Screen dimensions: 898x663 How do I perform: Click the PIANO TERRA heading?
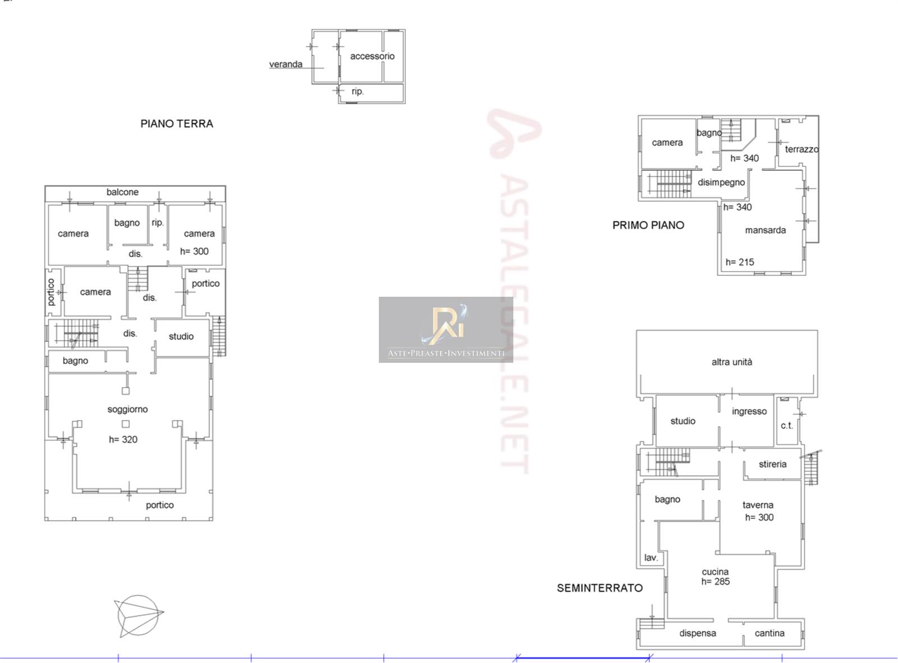coord(177,123)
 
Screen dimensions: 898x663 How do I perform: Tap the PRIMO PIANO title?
coord(648,225)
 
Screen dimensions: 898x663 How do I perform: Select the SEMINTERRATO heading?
coord(599,588)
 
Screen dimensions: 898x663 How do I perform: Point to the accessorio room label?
coord(372,56)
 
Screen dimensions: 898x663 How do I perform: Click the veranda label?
coord(286,64)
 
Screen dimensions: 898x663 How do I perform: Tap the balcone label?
coord(122,192)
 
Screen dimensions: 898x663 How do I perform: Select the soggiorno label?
coord(127,409)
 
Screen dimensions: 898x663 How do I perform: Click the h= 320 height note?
coord(123,439)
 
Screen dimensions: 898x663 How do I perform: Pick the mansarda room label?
coord(765,230)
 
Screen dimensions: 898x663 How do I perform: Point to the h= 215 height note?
coord(740,262)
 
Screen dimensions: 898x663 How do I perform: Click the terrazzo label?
coord(801,149)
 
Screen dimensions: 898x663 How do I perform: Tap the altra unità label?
coord(732,362)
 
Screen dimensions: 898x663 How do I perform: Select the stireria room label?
coord(772,464)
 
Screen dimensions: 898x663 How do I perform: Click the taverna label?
coord(758,505)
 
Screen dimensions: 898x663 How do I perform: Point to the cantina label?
coord(769,633)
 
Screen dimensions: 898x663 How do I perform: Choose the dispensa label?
coord(697,633)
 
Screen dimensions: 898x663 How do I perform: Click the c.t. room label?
coord(787,425)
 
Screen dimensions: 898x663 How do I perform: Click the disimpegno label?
coord(721,182)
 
